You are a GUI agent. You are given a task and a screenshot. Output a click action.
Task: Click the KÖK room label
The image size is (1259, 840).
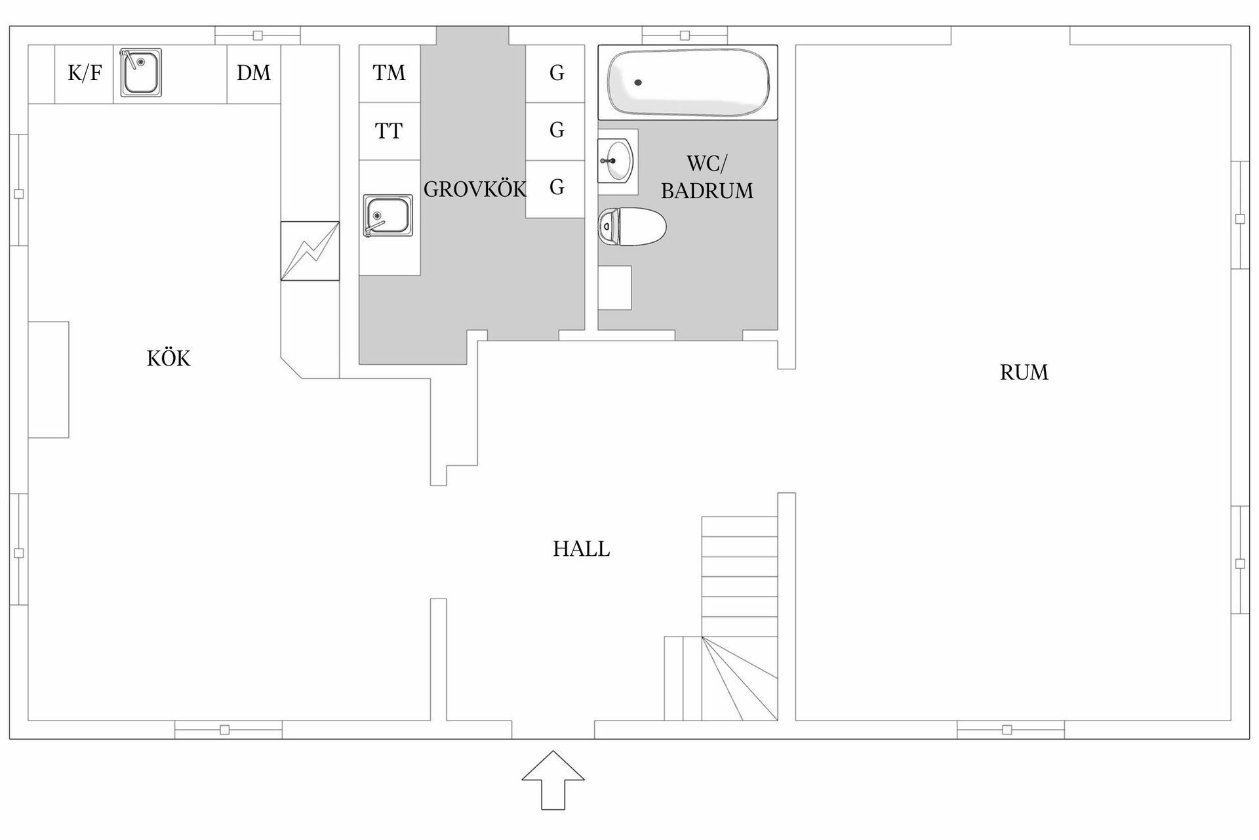point(169,358)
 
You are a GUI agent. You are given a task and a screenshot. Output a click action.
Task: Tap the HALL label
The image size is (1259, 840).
point(581,549)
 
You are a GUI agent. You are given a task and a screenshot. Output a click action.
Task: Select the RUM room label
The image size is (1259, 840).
point(1024,373)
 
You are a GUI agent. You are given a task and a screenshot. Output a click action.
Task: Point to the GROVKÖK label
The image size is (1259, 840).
point(475,189)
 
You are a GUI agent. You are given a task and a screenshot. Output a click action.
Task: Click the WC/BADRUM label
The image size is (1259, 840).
point(707,177)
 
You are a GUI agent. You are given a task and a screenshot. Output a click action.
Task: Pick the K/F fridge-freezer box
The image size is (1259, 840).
point(84,74)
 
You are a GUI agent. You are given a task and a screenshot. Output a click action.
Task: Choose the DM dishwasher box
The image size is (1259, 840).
point(254,74)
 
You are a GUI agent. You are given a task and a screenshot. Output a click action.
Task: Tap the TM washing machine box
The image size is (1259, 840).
point(390,73)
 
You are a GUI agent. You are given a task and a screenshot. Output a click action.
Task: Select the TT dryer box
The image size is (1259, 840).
point(390,131)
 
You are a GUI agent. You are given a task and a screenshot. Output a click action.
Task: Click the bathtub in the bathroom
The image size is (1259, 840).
point(689,83)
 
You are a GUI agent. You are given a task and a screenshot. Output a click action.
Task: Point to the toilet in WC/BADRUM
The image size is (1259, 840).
point(632,227)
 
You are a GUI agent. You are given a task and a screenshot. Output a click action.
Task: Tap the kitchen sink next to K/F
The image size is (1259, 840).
point(141,72)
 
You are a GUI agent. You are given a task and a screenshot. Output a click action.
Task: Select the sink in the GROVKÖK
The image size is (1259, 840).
point(388,215)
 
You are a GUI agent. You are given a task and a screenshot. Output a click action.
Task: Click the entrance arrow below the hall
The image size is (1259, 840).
point(553,780)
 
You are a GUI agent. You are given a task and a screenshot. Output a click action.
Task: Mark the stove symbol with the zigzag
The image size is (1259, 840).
point(310,251)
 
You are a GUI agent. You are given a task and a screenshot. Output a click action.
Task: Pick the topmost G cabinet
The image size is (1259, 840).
point(555,73)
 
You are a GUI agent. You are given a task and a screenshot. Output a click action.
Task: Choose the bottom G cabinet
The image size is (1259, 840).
point(555,189)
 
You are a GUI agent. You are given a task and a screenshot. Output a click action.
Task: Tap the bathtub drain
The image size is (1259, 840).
point(637,83)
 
